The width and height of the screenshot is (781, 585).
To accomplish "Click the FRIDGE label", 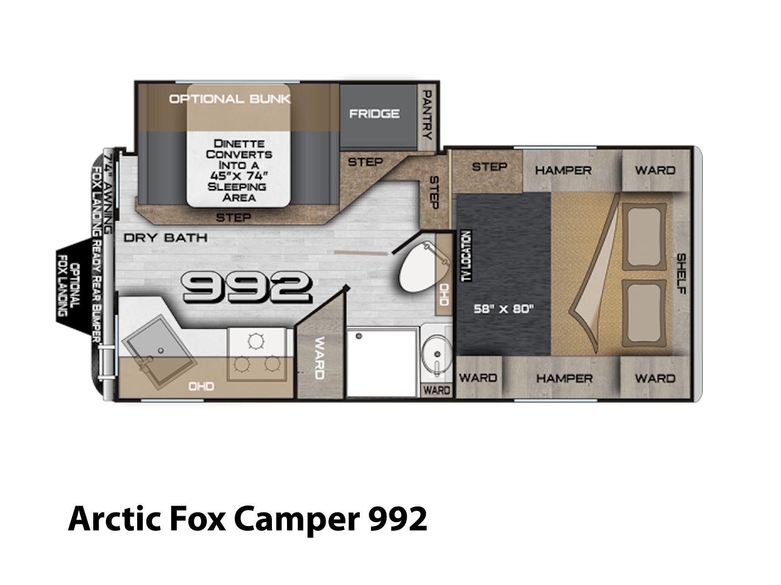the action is point(374,114).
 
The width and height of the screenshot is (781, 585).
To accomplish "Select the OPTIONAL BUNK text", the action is point(230,99).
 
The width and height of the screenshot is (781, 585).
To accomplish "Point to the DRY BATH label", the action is point(165,237).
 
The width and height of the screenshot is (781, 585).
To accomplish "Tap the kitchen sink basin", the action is point(159,351).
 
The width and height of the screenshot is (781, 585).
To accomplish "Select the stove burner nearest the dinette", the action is point(256,341).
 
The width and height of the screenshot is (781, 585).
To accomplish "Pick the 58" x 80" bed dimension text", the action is point(504,309).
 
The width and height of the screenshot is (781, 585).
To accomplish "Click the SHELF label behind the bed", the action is point(681,273).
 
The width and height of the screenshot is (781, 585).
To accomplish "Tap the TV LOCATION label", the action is point(466,256).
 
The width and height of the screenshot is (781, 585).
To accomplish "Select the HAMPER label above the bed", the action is point(563,171).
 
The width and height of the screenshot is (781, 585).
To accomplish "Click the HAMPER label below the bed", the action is point(565,379).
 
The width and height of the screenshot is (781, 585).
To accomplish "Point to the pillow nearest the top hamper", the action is point(644,236).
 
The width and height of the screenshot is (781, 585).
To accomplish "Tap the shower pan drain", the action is point(359,336).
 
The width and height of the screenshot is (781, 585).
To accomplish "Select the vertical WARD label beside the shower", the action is point(320,358).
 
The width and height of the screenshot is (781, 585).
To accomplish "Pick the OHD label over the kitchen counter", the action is point(202,387).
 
